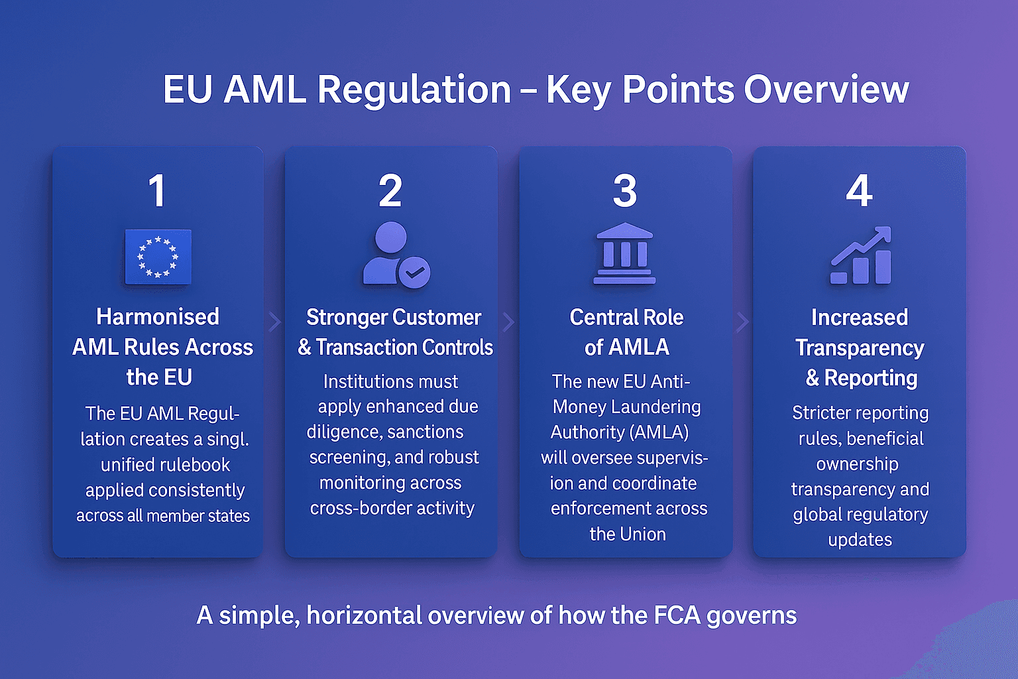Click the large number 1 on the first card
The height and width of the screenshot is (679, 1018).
pos(157,191)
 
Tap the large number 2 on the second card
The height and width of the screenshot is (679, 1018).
pos(390,191)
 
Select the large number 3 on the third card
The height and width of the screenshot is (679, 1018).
pos(625,191)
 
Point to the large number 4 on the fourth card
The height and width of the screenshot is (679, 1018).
pos(859,191)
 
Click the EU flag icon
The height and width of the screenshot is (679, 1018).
pos(158,257)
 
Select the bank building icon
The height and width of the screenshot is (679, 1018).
pos(624,254)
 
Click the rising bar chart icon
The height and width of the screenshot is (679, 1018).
pos(861,256)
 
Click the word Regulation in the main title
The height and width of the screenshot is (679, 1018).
pos(414,90)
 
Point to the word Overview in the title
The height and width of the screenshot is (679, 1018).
pos(826,90)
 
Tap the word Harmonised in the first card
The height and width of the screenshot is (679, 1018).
pos(158,317)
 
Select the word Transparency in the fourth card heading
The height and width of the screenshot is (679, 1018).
pos(860,348)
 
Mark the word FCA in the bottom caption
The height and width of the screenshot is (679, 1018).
pos(677,615)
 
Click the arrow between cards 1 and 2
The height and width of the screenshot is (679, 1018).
pos(274,322)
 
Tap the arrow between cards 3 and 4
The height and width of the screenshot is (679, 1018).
pos(743,322)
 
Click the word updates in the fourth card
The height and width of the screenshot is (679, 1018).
pos(860,540)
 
